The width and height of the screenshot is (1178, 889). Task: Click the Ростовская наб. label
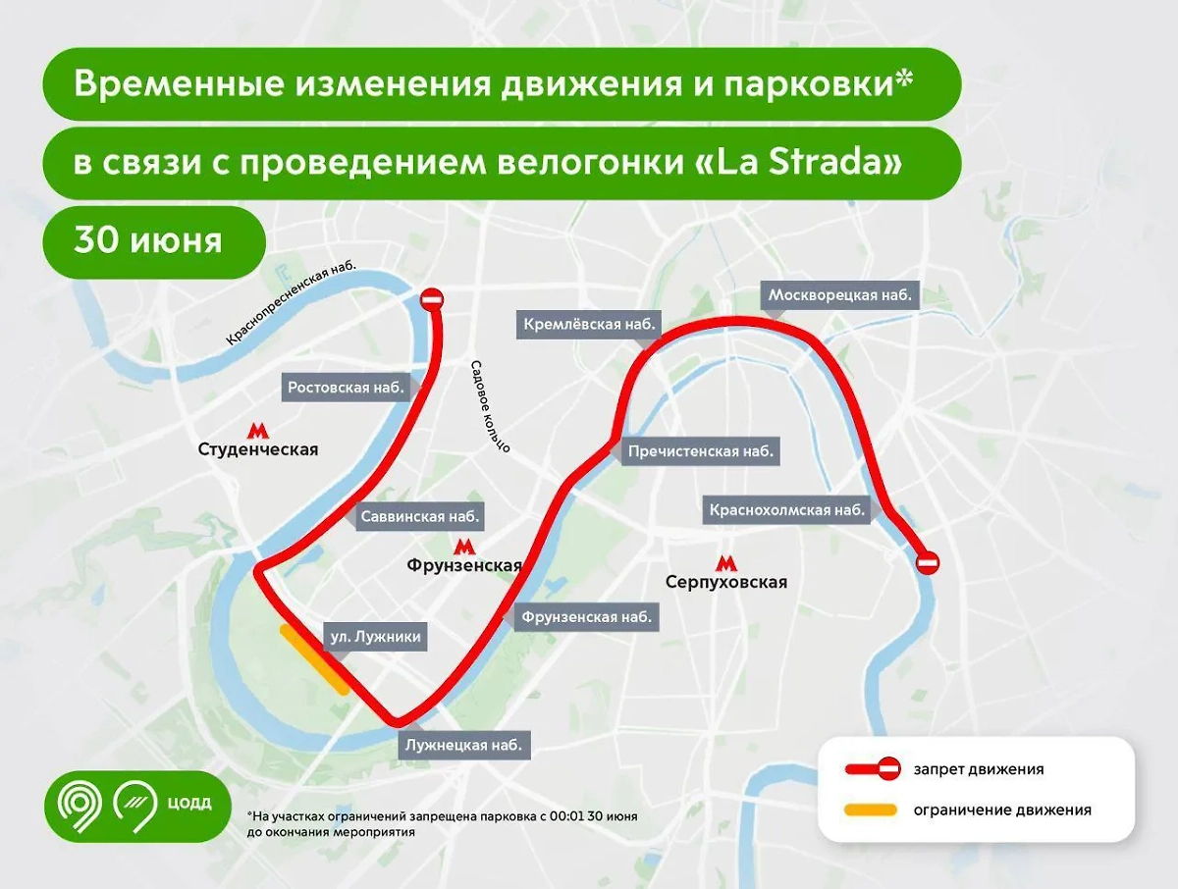coord(347,388)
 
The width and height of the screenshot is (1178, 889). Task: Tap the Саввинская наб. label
coord(419,516)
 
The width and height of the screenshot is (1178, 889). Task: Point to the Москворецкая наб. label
coord(840,294)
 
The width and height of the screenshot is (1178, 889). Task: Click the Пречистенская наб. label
coord(699,451)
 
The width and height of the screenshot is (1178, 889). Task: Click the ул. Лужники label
coord(376,637)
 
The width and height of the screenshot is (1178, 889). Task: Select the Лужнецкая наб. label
coord(466,745)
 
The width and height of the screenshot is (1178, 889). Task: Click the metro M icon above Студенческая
coord(258,429)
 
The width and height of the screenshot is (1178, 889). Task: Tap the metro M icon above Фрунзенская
coord(464,546)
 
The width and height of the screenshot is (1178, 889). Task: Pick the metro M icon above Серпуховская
coord(725,562)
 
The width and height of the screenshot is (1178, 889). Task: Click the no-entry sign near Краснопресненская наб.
coord(432,299)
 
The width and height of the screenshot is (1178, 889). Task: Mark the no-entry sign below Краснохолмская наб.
coord(928,563)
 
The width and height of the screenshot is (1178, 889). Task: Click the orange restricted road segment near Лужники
coord(315,660)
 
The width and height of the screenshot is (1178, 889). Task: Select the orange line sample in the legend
coord(871,811)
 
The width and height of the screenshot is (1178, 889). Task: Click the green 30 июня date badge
coord(150,241)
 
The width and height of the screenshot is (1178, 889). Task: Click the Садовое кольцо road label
coord(491,402)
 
